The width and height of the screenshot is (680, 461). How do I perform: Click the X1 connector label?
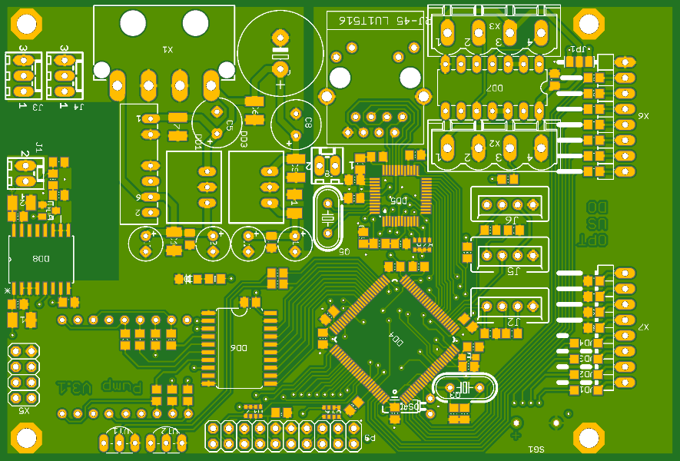click(167, 49)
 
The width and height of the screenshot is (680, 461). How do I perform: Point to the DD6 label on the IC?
click(238, 348)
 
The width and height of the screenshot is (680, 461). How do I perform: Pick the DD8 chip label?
click(40, 259)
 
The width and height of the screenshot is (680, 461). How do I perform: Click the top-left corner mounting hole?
click(26, 26)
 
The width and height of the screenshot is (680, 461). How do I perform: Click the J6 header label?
click(512, 220)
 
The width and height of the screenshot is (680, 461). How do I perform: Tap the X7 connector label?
click(642, 327)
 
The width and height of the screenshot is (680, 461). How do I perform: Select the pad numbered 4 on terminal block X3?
click(540, 32)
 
